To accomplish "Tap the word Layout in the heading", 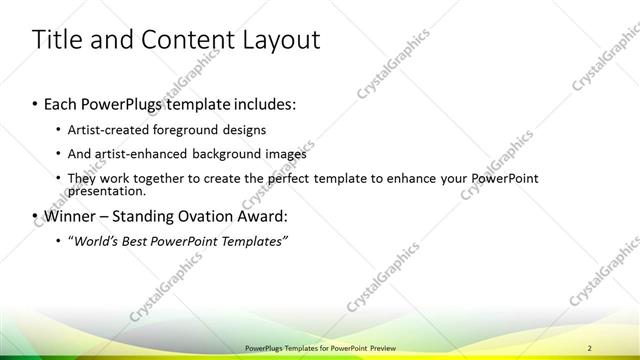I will [x=278, y=41].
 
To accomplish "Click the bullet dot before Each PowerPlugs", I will [x=36, y=104].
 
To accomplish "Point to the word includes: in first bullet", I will [x=264, y=104].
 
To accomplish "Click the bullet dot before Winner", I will [x=36, y=216].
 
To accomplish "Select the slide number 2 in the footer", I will [x=604, y=345].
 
